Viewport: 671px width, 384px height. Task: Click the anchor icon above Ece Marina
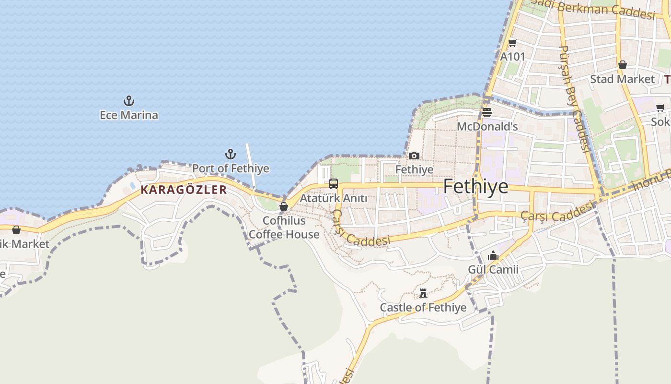[x=128, y=101]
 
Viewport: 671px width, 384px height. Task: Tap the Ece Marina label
[x=128, y=115]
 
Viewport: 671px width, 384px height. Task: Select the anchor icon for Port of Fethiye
[x=231, y=154]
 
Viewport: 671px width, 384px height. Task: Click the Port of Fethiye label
[x=231, y=168]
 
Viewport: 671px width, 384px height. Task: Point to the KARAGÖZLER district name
[x=184, y=190]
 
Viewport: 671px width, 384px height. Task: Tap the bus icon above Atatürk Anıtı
[x=334, y=184]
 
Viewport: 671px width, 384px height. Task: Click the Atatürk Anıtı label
[x=334, y=198]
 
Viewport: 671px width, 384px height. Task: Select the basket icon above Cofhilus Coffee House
[x=284, y=206]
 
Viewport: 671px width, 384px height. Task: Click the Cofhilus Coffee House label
[x=284, y=228]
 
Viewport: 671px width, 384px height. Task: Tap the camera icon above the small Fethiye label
[x=414, y=156]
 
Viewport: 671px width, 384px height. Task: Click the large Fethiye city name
[x=475, y=186]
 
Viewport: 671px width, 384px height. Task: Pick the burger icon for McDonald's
[x=487, y=112]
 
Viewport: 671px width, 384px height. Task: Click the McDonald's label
[x=487, y=127]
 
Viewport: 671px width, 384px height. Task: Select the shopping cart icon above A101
[x=512, y=43]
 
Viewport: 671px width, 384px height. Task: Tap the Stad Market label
[x=622, y=79]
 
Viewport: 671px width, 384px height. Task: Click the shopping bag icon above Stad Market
[x=622, y=65]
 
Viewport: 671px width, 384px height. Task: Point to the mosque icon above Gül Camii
[x=493, y=256]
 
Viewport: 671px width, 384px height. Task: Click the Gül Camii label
[x=493, y=269]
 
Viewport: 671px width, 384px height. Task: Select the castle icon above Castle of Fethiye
[x=423, y=293]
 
